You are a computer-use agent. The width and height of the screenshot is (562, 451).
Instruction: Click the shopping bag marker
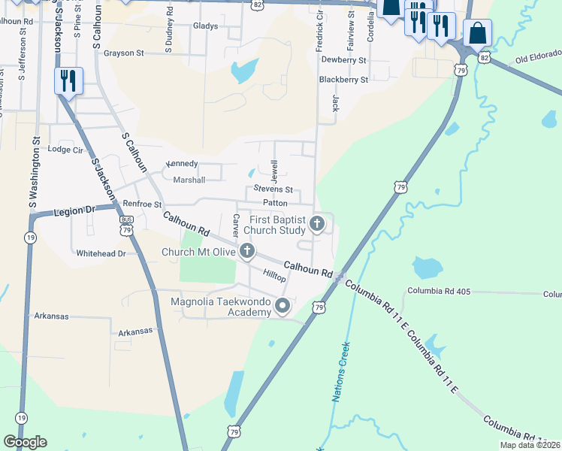[477, 34]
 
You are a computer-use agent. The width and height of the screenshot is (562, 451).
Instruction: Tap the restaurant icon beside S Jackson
[68, 80]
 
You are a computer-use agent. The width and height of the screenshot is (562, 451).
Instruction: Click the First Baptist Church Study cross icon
[317, 223]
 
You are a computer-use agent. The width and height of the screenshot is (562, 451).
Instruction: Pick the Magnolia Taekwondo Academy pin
[283, 305]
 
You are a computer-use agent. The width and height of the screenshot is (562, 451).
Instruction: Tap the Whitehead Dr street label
[101, 254]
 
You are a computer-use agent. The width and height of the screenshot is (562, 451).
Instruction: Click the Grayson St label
[124, 53]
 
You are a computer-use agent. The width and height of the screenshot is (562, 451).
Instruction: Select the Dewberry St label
[343, 59]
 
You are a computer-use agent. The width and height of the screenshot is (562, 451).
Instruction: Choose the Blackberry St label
[343, 79]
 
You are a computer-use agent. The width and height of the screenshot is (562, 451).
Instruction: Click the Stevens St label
[273, 190]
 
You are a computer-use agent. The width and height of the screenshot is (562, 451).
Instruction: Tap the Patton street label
[276, 203]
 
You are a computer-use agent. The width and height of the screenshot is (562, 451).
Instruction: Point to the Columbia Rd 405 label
[439, 291]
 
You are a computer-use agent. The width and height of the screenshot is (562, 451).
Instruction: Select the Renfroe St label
[142, 204]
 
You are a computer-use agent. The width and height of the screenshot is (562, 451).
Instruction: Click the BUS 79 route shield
[126, 225]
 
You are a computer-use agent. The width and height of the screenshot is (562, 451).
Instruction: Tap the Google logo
[25, 442]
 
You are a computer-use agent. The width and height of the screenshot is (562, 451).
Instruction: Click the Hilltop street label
[274, 277]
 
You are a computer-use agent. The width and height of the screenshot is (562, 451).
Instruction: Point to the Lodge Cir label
[64, 150]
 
